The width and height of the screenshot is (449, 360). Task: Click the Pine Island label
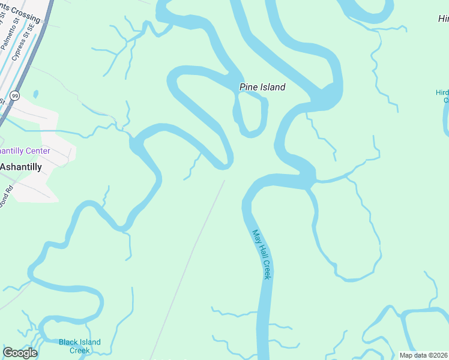(x=262, y=87)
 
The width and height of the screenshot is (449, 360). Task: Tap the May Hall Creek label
(x=262, y=254)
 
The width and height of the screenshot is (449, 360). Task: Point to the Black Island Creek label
(x=79, y=346)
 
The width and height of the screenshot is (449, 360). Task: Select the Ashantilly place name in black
(x=21, y=167)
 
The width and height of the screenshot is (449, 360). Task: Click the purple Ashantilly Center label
(x=25, y=151)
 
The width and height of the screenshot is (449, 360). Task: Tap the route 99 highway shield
(x=15, y=95)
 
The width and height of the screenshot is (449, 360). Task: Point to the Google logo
(x=20, y=352)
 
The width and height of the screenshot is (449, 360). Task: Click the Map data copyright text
(x=423, y=355)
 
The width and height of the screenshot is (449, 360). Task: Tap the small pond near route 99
(x=36, y=94)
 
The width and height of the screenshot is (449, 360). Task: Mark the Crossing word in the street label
(x=25, y=13)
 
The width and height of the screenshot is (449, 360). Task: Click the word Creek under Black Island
(x=79, y=350)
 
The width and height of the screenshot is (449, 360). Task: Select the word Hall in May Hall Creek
(x=262, y=254)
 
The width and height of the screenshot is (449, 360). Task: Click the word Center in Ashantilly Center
(x=38, y=151)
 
